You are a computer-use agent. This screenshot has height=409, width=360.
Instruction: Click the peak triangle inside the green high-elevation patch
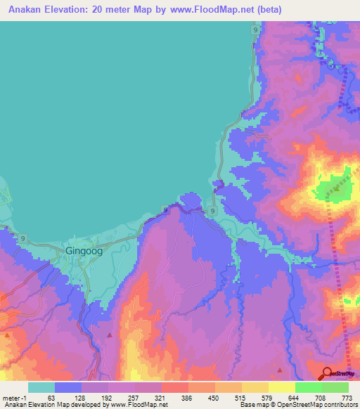(x=337, y=188)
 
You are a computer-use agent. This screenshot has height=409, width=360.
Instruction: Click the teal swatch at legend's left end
(x=41, y=387)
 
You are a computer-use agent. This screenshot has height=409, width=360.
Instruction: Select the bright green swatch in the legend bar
(x=309, y=387)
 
